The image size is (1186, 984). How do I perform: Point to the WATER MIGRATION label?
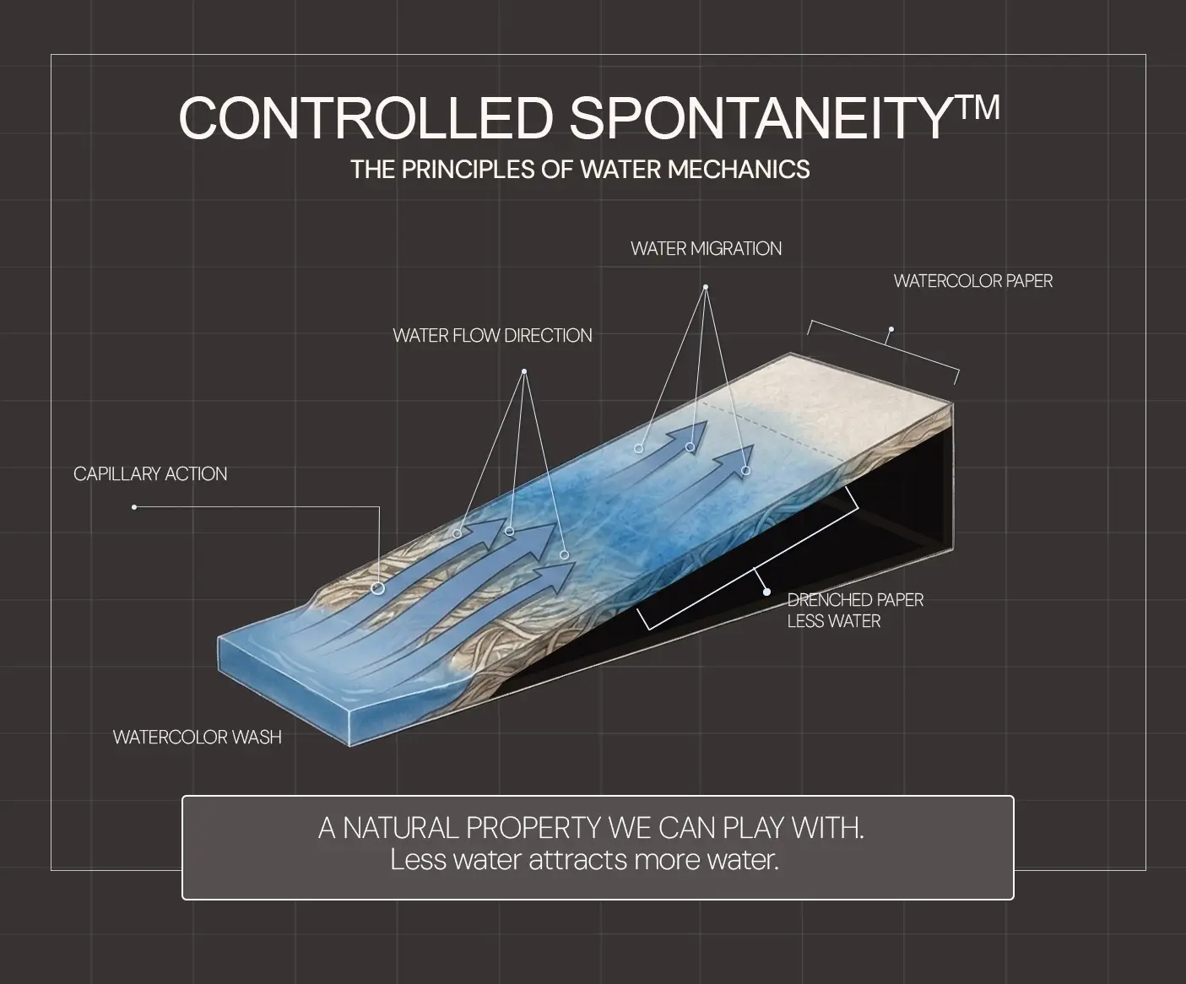[706, 249]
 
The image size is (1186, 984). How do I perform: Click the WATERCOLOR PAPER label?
[973, 281]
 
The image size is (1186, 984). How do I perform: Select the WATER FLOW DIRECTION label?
[492, 336]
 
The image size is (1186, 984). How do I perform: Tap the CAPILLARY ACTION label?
[150, 474]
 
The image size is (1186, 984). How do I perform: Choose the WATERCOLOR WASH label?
[197, 737]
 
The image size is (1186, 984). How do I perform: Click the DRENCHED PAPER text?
[855, 600]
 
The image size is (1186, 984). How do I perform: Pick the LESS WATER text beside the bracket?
[834, 621]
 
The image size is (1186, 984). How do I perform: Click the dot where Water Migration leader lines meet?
[706, 287]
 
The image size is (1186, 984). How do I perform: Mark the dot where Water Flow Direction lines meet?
[524, 371]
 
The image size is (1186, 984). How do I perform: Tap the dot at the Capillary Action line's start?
[134, 507]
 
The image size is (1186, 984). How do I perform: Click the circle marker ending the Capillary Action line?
[377, 588]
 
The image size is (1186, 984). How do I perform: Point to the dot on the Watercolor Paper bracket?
[891, 329]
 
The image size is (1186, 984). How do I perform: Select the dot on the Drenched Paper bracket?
[766, 592]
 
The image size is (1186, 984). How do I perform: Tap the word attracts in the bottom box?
[577, 860]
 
